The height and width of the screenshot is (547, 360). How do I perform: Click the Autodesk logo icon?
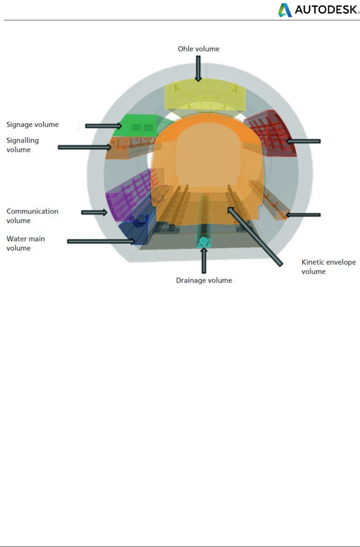point(285,10)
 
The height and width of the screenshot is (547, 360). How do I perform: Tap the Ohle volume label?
point(199,49)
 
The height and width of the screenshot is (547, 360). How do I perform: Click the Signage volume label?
point(32,125)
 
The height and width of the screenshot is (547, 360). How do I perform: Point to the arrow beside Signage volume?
point(103,126)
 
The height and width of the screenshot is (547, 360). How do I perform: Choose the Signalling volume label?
point(22,145)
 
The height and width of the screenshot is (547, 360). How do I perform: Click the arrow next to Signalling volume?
point(85,147)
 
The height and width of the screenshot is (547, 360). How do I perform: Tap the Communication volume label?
point(32,216)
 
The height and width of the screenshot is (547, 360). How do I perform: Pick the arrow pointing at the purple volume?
point(94,212)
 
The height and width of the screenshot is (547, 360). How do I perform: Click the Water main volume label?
point(26,243)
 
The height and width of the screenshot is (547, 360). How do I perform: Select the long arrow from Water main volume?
point(101,241)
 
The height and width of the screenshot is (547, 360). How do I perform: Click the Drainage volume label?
point(204,280)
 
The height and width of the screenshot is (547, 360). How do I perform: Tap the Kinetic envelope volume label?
point(329,267)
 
